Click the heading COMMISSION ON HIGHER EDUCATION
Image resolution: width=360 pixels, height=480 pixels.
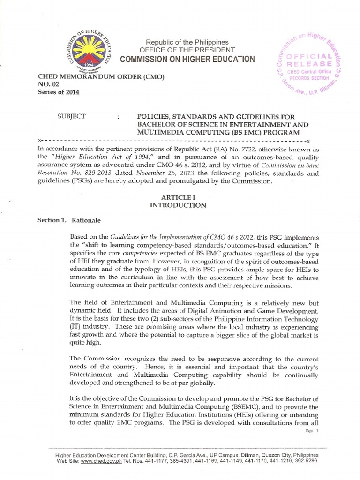coord(187,59)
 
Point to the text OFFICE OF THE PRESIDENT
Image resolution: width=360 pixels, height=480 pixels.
coord(184,50)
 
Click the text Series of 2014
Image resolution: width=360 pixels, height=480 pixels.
coord(52,92)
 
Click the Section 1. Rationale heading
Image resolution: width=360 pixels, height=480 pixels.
coord(69,220)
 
